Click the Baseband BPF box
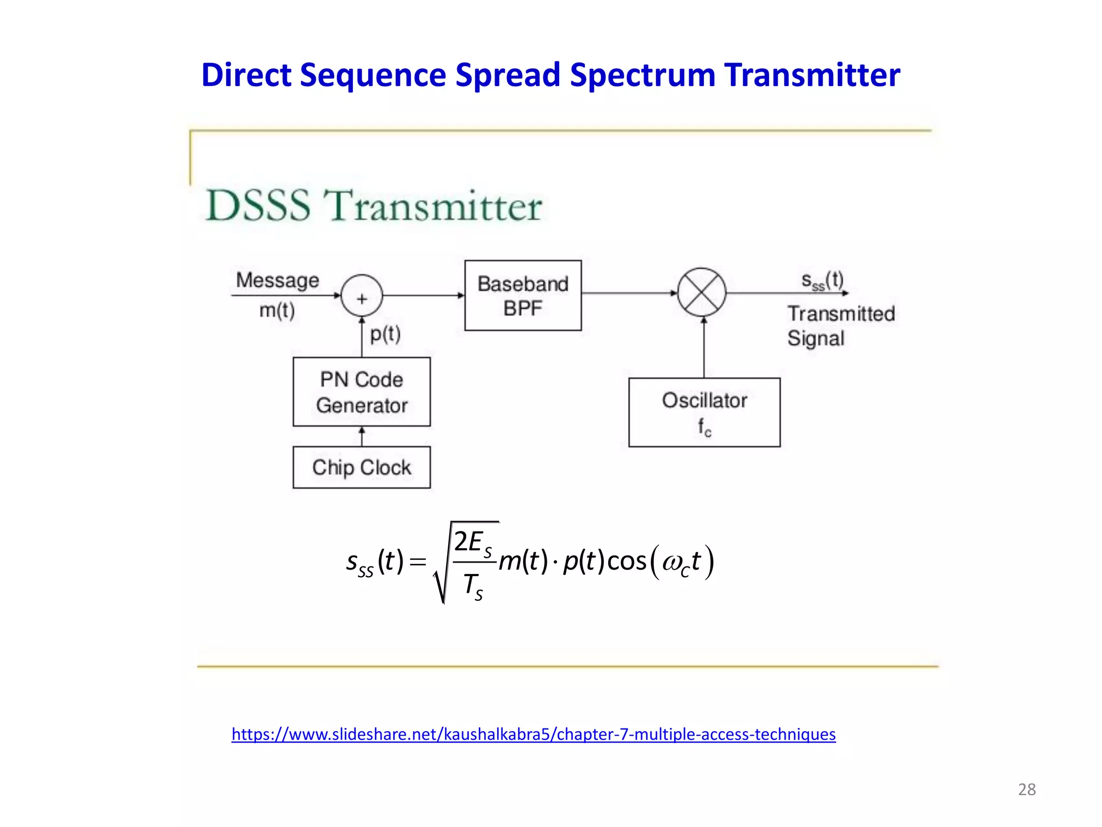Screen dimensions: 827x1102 click(x=522, y=296)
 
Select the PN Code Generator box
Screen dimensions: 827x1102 click(x=362, y=392)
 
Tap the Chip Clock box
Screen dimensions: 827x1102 click(x=362, y=467)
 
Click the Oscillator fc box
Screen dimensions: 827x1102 click(x=704, y=412)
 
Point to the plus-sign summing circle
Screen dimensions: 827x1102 click(x=362, y=296)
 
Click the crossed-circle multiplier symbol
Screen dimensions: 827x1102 click(x=702, y=293)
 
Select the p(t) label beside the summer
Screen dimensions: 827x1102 click(x=385, y=334)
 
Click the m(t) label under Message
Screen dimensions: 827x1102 click(x=277, y=311)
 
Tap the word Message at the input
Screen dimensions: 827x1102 click(x=278, y=281)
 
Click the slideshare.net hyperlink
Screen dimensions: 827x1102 click(x=533, y=734)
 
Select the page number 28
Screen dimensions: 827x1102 click(x=1027, y=789)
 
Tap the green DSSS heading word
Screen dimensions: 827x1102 click(x=258, y=206)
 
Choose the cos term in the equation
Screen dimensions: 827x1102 click(x=626, y=562)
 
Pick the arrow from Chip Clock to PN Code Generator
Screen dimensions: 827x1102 click(x=362, y=436)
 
